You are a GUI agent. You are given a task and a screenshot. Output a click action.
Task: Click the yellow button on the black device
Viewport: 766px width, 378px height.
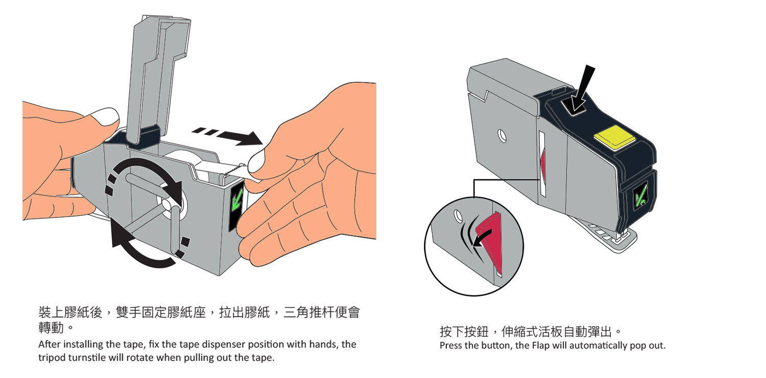coord(615,137)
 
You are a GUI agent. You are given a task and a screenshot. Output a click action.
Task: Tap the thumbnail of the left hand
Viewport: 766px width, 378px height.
coord(106,116)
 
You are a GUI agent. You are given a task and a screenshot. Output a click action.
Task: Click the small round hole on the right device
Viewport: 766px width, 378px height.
coord(502,136)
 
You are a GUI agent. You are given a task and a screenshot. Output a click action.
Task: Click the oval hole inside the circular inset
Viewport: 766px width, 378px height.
coord(458,216)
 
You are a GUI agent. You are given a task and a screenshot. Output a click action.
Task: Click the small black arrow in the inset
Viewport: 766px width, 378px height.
coord(482,238)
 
